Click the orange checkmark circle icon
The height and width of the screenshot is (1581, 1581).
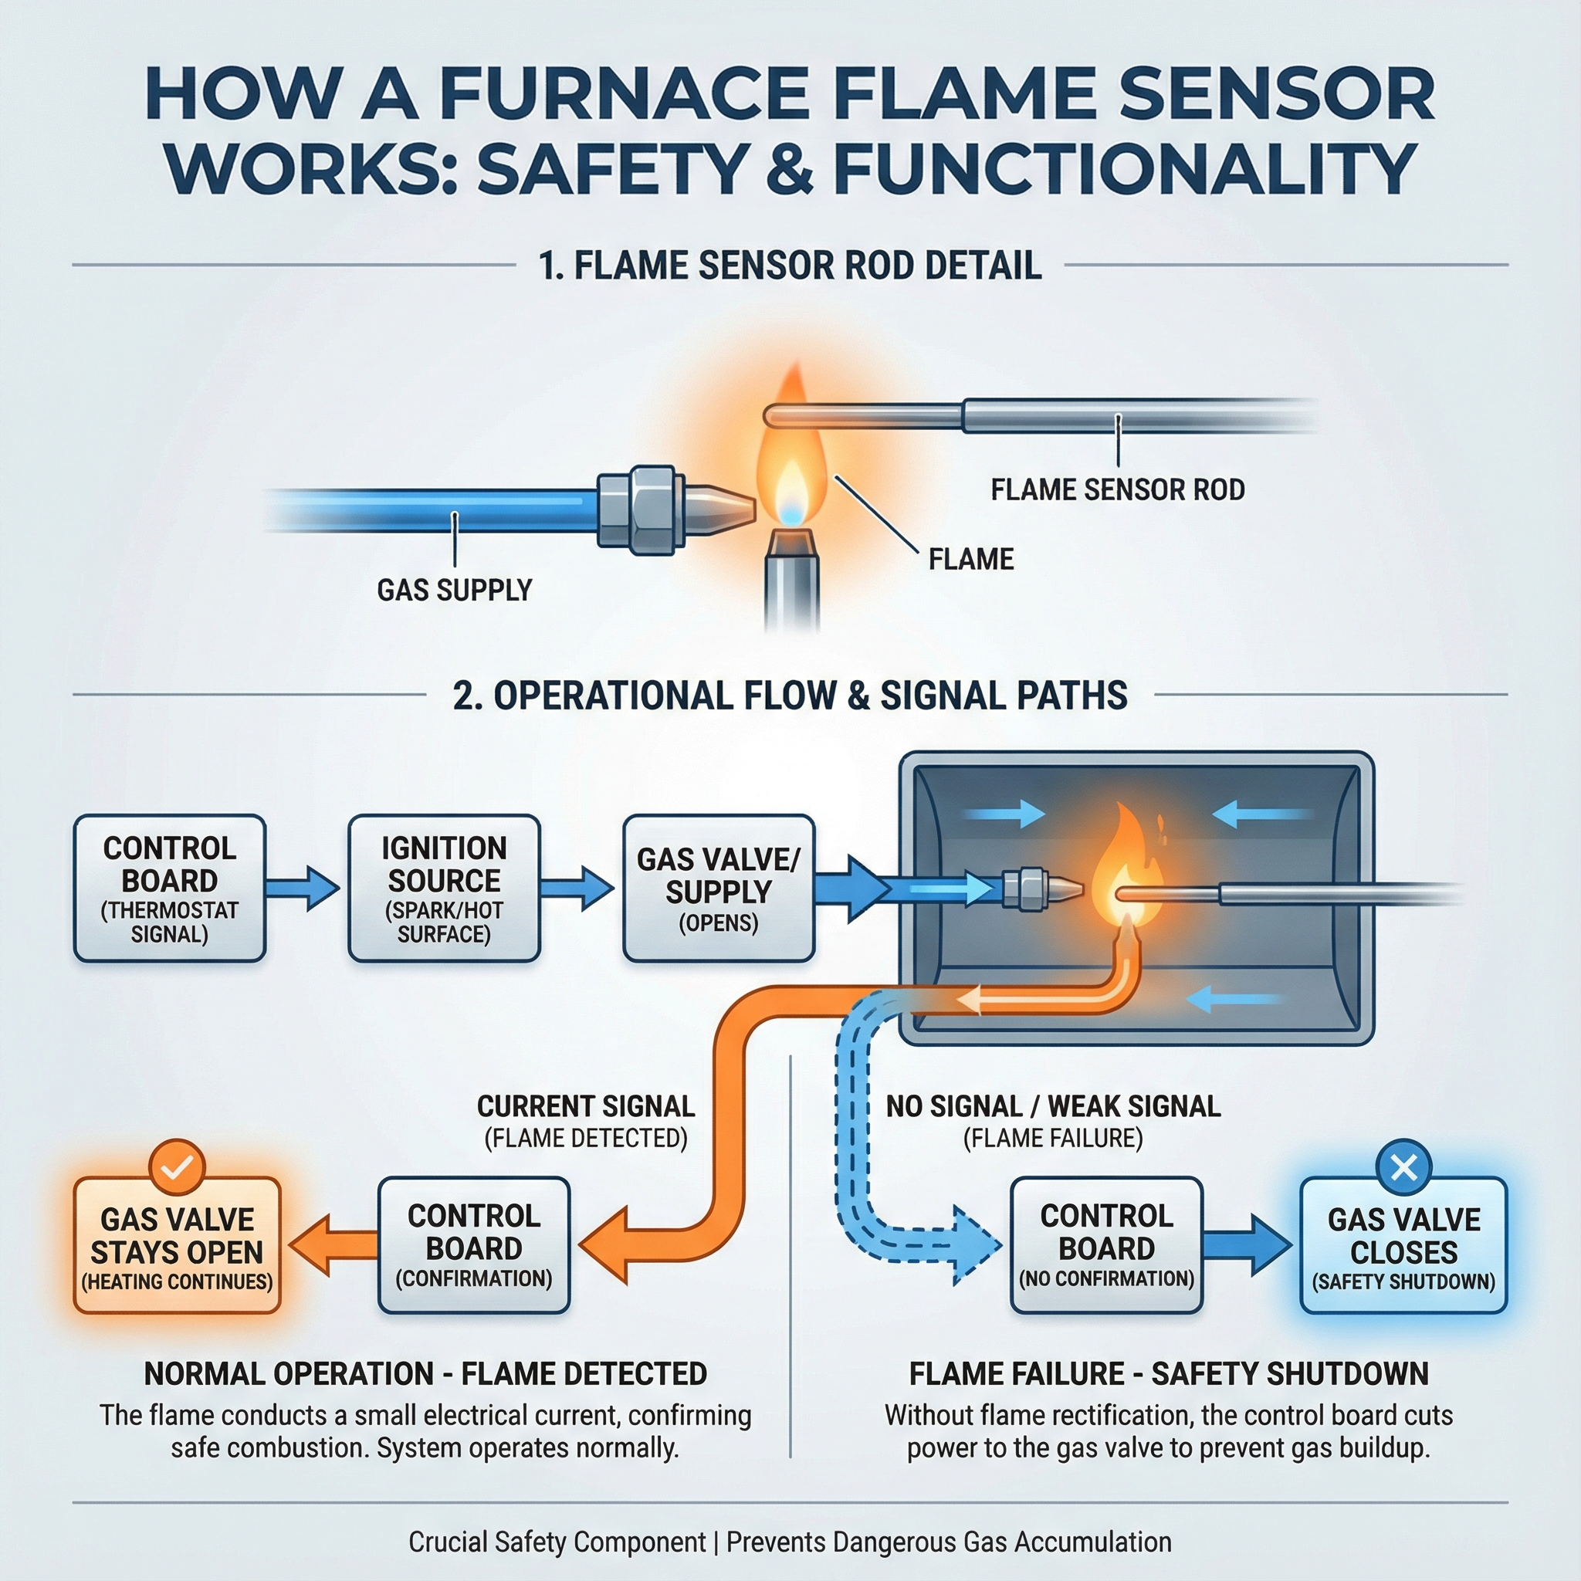tap(178, 1167)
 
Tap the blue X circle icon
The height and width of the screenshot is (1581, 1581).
tap(1403, 1167)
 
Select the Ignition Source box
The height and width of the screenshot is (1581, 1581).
tap(444, 888)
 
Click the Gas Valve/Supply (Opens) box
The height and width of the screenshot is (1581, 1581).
tap(718, 888)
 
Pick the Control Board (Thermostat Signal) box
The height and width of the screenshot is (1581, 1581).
tap(169, 888)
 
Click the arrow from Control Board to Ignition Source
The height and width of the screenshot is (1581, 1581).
tap(303, 888)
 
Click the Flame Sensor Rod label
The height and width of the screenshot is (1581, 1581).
tap(1117, 490)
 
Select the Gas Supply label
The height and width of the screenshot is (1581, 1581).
tap(454, 590)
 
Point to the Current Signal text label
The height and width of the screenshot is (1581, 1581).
tap(585, 1106)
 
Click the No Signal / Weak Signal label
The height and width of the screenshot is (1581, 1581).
tap(1053, 1106)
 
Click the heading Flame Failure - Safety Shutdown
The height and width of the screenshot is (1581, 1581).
tap(1169, 1374)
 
